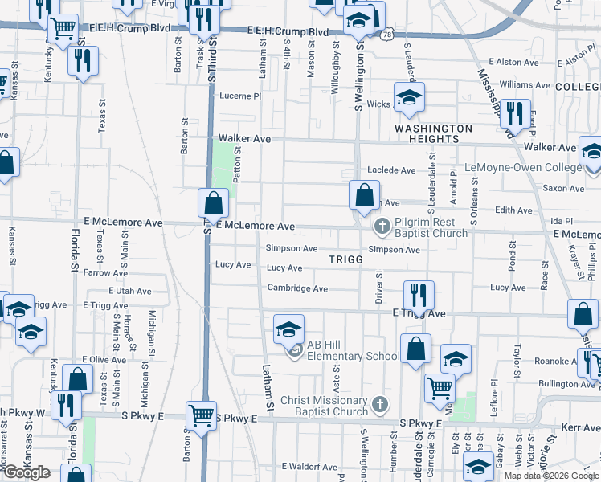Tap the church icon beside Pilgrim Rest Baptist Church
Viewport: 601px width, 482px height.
click(381, 227)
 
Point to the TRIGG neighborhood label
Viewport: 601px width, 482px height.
click(346, 260)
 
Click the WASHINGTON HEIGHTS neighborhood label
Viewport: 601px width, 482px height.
click(433, 133)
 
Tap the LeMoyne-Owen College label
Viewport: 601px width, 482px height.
click(523, 168)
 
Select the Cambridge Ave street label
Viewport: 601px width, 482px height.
click(297, 288)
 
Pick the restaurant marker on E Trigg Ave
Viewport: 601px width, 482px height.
click(418, 296)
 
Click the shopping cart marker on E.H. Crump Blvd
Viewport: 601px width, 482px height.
click(63, 29)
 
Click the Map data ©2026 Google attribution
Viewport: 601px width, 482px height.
click(551, 476)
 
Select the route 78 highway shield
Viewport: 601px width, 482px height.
click(388, 35)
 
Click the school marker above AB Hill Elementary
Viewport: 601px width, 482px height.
click(288, 329)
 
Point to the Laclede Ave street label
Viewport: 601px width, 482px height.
click(391, 170)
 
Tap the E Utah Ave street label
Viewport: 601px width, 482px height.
click(117, 291)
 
